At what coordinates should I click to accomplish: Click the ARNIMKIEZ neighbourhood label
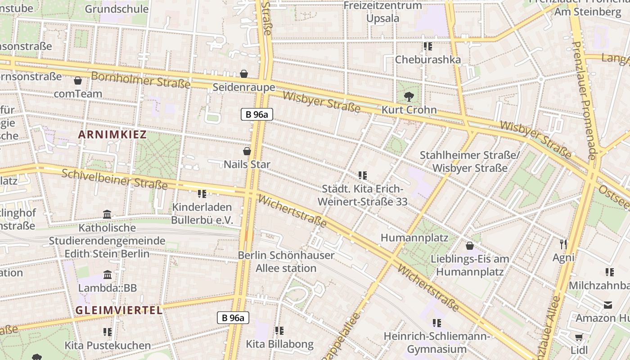click(112, 135)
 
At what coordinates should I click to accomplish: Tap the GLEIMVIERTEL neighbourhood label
click(119, 310)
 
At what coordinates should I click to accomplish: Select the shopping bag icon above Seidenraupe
click(244, 73)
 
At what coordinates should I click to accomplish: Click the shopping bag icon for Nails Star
click(247, 151)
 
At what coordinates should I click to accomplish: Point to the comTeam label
click(78, 94)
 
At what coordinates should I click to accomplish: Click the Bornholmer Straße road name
click(140, 80)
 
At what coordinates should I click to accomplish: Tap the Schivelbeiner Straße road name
click(115, 179)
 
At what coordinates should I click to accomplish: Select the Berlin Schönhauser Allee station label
click(286, 262)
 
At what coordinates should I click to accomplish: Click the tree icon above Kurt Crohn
click(409, 96)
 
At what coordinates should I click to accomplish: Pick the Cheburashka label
click(427, 60)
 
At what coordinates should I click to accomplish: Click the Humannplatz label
click(414, 238)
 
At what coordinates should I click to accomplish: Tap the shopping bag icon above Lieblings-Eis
click(470, 246)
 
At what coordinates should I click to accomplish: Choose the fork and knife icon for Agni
click(563, 244)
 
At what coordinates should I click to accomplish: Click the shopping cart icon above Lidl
click(579, 337)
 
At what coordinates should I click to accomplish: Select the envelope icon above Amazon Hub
click(608, 305)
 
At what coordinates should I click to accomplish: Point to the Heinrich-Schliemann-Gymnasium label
click(436, 343)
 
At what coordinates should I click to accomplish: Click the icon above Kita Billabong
click(279, 331)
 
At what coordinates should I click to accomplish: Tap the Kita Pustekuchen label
click(108, 346)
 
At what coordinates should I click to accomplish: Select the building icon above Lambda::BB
click(108, 274)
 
